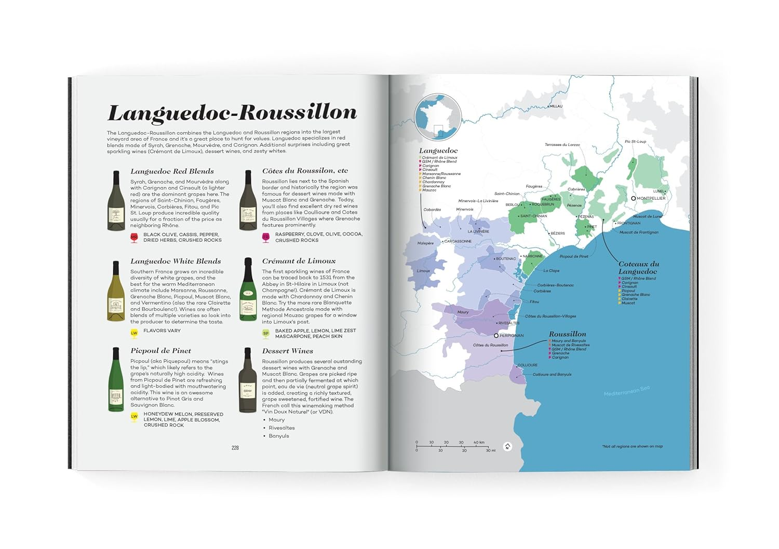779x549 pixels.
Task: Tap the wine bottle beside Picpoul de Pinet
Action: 116,380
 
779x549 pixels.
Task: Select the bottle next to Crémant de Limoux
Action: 248,291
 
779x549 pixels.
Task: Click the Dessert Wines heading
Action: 287,351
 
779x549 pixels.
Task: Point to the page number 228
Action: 235,448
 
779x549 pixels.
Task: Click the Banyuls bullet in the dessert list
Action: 279,436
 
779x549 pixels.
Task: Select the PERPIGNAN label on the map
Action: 511,336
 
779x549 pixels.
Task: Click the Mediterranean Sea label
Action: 626,391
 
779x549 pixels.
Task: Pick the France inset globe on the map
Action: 438,117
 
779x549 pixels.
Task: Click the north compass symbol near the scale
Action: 508,446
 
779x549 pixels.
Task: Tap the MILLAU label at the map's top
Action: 556,106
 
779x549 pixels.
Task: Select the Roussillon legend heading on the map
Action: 567,334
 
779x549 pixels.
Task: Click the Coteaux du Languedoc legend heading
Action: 638,268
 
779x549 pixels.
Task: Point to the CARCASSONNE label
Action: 458,241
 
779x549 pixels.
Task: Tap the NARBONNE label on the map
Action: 532,256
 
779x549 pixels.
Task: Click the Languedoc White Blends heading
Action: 176,262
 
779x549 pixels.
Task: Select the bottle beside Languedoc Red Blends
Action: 116,201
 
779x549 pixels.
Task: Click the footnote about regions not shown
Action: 632,446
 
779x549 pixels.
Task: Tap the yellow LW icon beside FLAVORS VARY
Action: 134,333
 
